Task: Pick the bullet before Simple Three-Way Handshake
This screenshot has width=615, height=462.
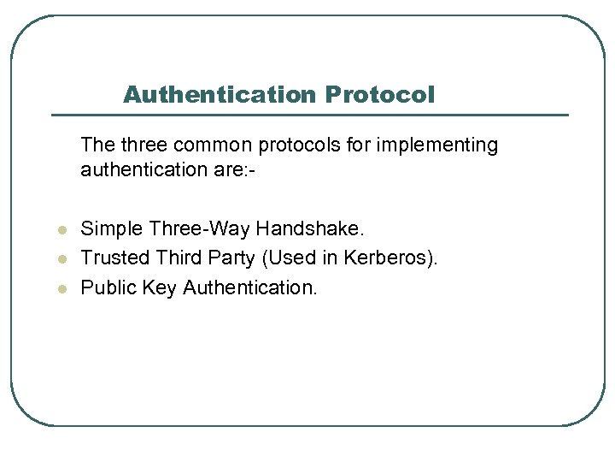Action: [x=62, y=230]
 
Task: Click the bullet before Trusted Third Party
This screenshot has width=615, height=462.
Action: [x=62, y=259]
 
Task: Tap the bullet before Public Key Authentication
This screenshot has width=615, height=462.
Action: [x=62, y=289]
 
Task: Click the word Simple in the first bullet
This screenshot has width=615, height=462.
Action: [x=112, y=229]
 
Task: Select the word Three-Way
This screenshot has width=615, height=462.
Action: [x=200, y=229]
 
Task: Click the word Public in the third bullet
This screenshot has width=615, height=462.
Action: [x=107, y=288]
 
